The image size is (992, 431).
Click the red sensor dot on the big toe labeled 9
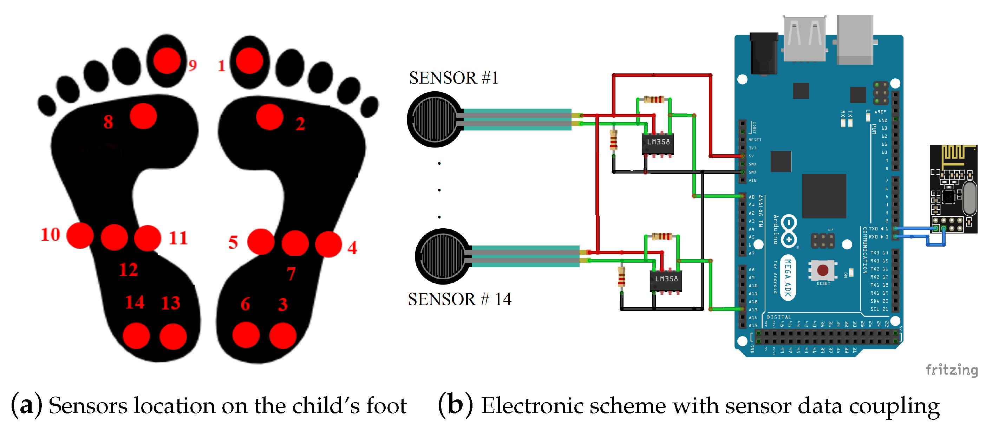[x=167, y=60]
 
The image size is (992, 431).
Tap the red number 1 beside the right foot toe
[x=221, y=66]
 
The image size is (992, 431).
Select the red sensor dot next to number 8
[x=143, y=116]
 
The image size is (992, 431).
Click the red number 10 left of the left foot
[x=51, y=235]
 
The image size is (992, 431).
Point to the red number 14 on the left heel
[x=135, y=302]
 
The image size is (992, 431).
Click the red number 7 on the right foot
[x=291, y=274]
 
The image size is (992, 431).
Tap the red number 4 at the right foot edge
[x=352, y=247]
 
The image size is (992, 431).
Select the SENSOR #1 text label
[x=453, y=78]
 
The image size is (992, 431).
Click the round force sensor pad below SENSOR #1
[x=435, y=119]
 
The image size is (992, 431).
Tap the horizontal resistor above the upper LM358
[x=654, y=99]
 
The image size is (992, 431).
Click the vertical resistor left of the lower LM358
[x=621, y=276]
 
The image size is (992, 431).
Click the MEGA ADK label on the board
[x=788, y=277]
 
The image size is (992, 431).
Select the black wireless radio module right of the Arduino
[x=953, y=189]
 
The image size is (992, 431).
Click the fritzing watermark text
[x=951, y=370]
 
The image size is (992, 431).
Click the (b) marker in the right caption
[x=455, y=406]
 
